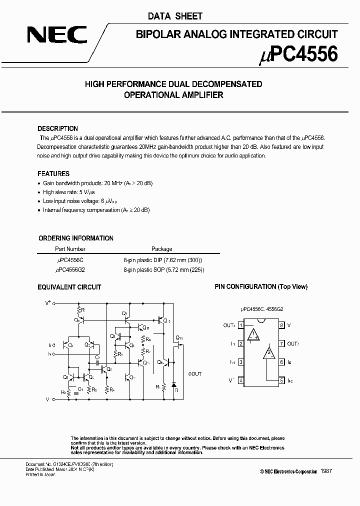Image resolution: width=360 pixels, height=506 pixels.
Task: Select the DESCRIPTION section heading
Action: point(58,128)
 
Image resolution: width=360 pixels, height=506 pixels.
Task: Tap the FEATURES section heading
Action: point(53,173)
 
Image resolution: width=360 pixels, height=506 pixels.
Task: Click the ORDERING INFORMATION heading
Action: point(76,238)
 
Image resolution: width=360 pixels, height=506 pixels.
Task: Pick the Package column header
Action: point(161,248)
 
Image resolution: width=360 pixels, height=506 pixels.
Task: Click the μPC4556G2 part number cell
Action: point(70,269)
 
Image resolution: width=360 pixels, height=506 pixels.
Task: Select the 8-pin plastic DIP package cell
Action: point(163,260)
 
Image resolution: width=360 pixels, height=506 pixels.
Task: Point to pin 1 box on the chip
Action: point(241,325)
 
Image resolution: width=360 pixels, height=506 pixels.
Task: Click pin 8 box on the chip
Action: point(281,325)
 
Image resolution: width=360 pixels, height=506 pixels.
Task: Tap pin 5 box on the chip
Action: point(281,380)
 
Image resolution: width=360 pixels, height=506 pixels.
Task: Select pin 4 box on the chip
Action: point(241,380)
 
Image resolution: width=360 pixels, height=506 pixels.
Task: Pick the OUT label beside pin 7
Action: point(293,344)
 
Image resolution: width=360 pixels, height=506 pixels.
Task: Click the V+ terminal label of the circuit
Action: point(48,303)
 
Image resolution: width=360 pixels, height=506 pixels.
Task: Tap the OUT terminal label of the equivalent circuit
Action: point(195,373)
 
